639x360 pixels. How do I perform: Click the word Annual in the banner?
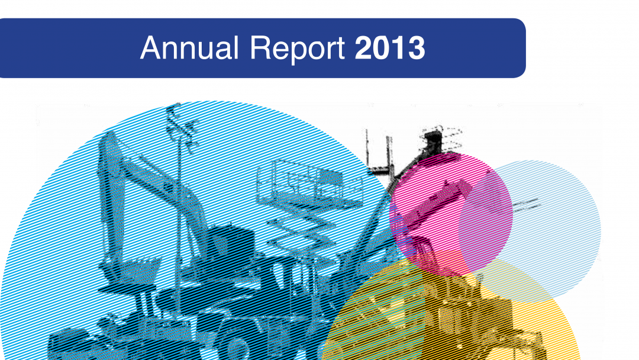click(x=189, y=48)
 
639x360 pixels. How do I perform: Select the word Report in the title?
click(x=298, y=49)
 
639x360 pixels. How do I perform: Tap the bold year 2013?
click(x=390, y=48)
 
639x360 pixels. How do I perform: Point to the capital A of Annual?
click(x=151, y=48)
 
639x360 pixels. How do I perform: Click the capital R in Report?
click(x=260, y=48)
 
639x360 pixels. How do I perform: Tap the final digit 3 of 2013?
click(x=417, y=48)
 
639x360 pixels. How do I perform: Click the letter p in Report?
click(x=298, y=52)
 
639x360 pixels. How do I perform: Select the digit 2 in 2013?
click(x=363, y=48)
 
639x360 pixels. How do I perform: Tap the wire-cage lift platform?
click(x=309, y=184)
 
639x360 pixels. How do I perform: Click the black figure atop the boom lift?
click(x=433, y=139)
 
